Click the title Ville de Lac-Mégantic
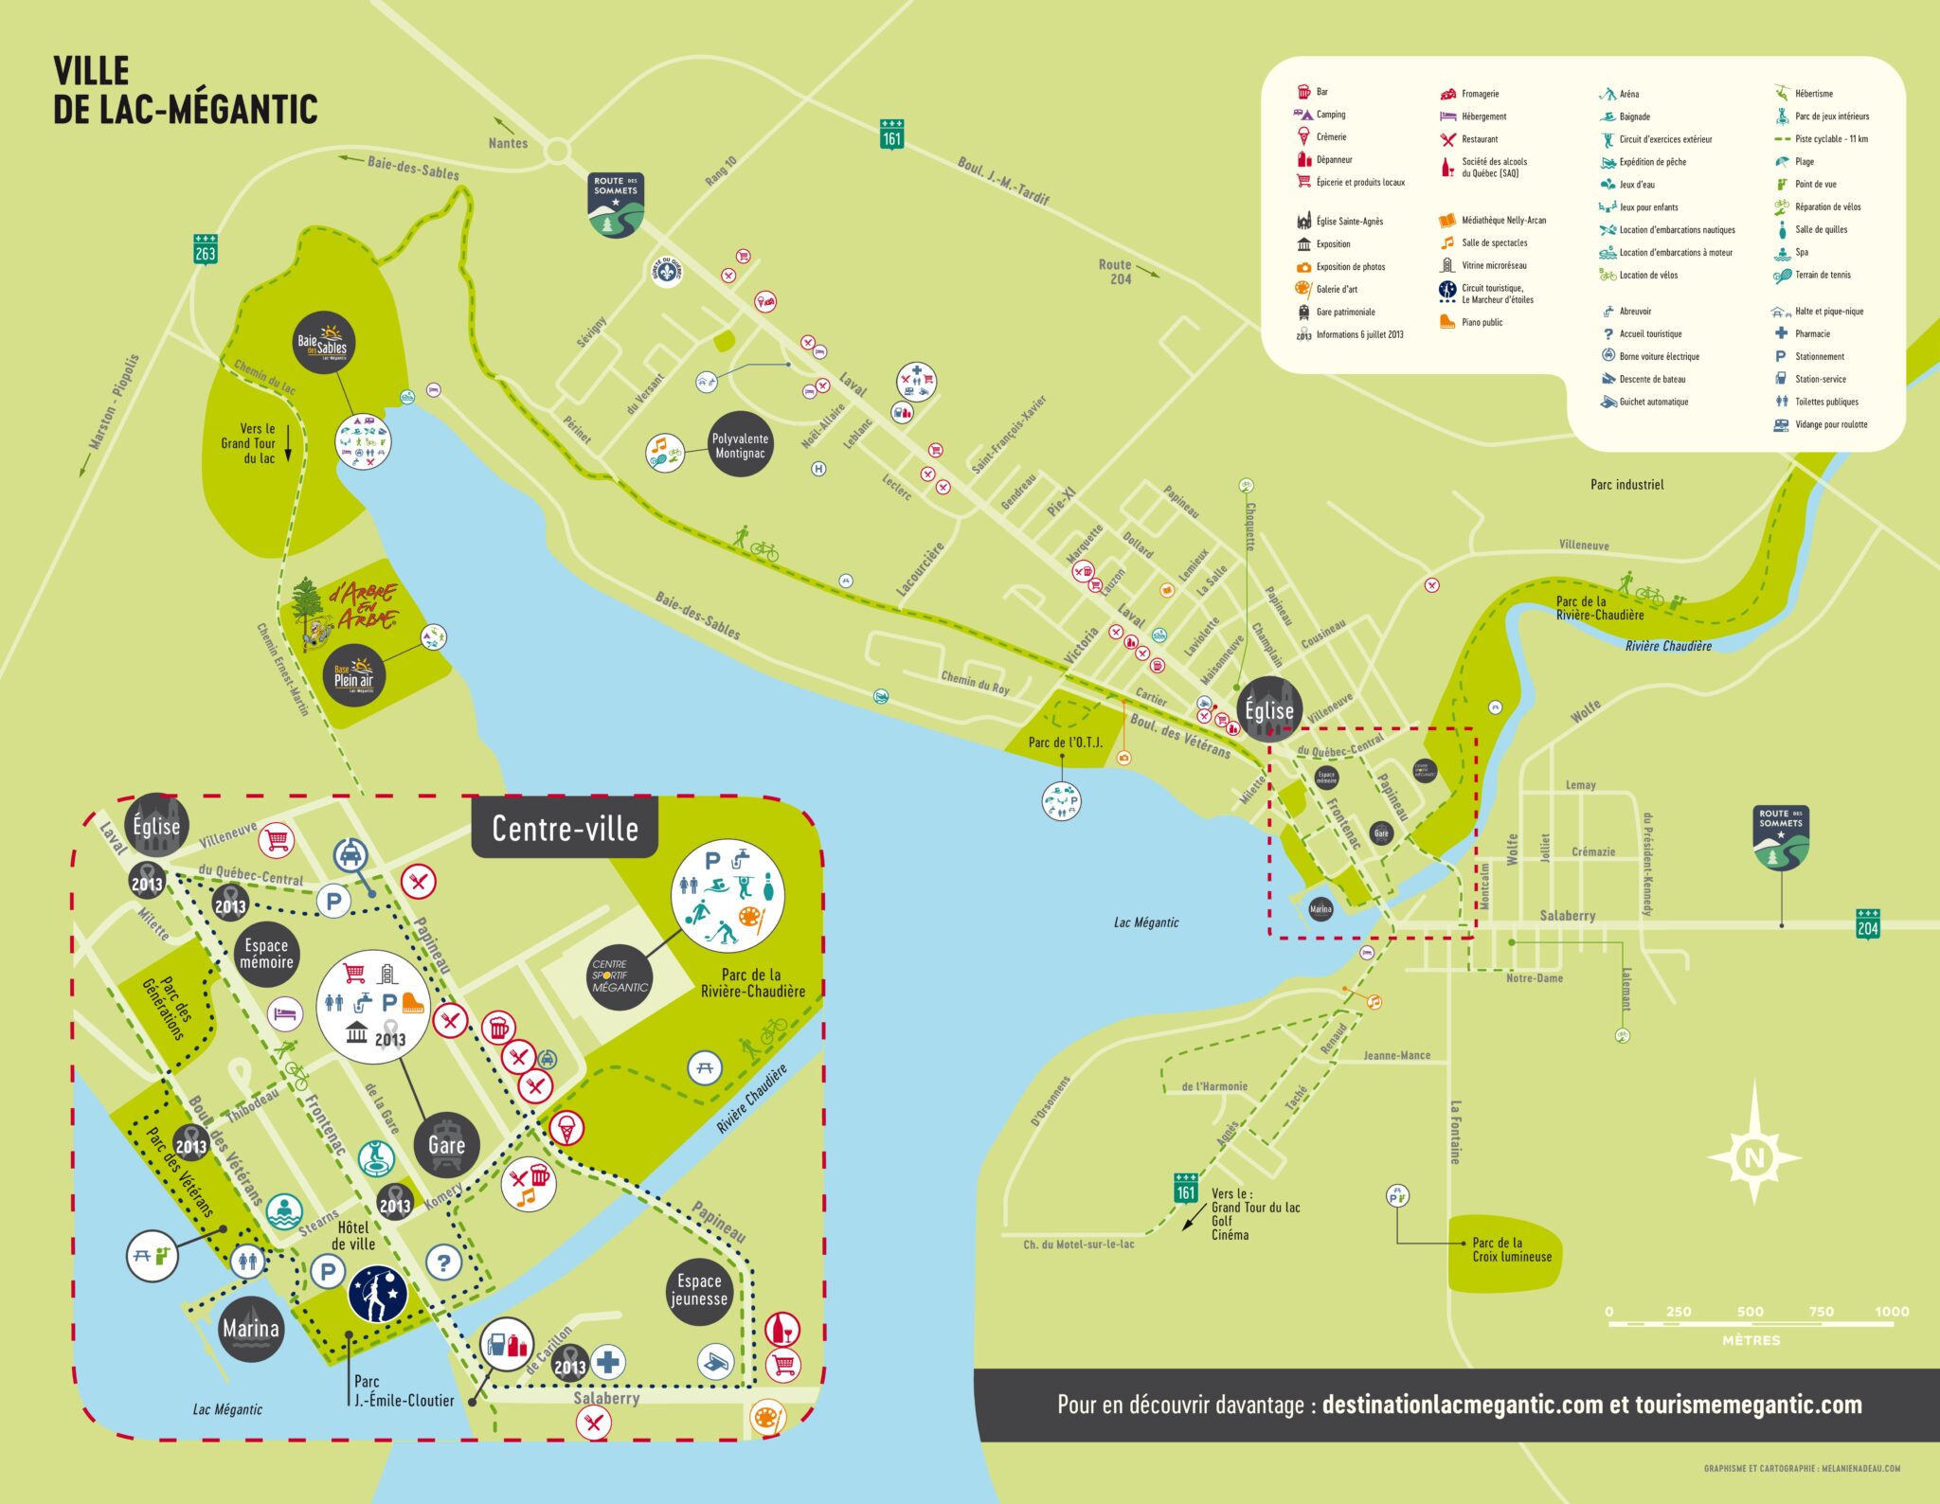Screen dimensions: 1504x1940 [x=185, y=91]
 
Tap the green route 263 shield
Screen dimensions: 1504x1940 [x=206, y=249]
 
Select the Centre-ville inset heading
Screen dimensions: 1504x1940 [x=565, y=829]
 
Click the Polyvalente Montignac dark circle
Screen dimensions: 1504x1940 [x=740, y=444]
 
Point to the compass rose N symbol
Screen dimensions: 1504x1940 [x=1754, y=1156]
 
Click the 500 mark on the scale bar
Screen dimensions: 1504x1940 [x=1750, y=1313]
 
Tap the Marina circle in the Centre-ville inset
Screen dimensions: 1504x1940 [x=251, y=1329]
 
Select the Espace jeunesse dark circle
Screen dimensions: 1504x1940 [x=699, y=1290]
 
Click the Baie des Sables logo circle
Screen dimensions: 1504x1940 [x=323, y=343]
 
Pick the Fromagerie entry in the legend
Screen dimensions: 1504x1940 [x=1479, y=94]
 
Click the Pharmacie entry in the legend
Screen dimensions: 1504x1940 [x=1811, y=333]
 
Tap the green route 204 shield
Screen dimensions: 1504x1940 [x=1867, y=924]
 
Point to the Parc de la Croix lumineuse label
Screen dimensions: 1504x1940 [x=1511, y=1250]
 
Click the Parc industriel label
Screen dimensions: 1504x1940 [x=1626, y=484]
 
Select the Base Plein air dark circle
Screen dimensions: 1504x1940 [x=353, y=676]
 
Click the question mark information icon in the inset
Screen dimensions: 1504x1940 [x=443, y=1262]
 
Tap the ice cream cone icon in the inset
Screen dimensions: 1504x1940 [x=566, y=1128]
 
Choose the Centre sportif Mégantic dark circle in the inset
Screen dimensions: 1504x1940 [x=620, y=976]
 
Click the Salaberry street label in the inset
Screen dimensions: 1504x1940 [x=606, y=1398]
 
